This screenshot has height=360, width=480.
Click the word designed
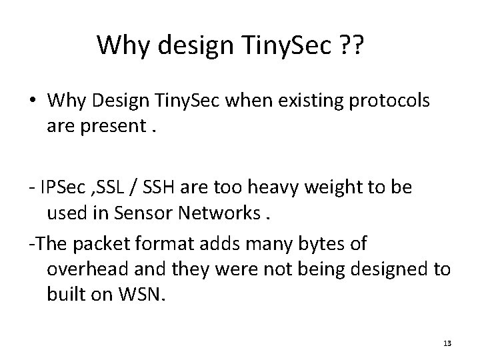tap(389, 269)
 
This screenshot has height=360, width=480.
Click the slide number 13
tap(447, 343)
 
